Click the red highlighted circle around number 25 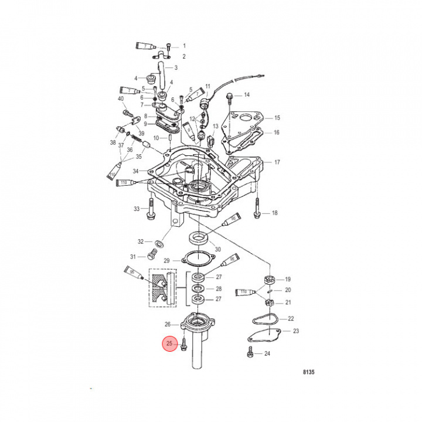tap(170, 343)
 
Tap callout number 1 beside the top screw tap(183, 45)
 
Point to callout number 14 tap(247, 95)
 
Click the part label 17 tap(277, 162)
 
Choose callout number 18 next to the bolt tap(274, 214)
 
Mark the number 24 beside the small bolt tap(267, 353)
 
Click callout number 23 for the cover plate tap(295, 331)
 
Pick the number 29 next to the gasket tap(166, 260)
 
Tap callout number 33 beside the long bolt tap(137, 209)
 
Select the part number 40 tap(121, 98)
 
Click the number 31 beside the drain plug tap(133, 257)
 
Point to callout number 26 tap(168, 324)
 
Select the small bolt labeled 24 tap(250, 353)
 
